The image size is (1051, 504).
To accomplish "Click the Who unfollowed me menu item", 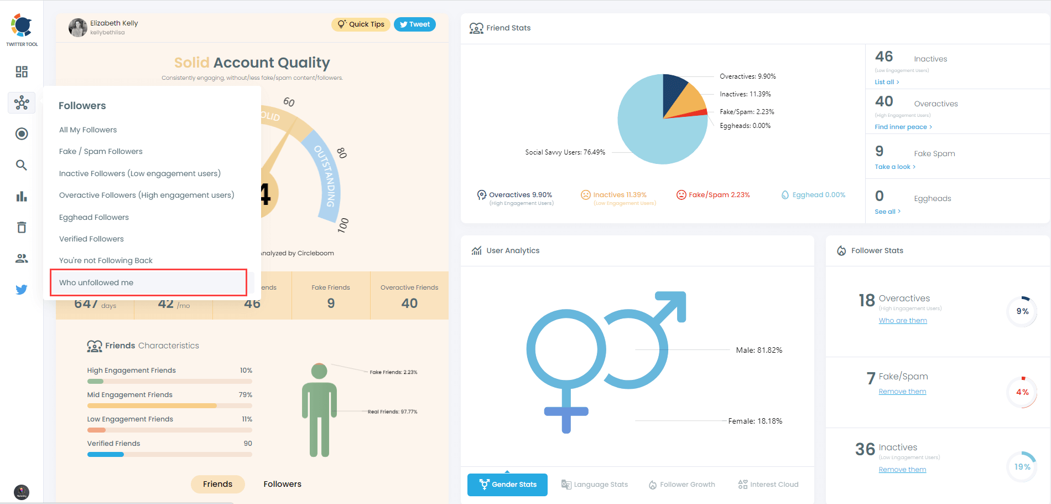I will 96,282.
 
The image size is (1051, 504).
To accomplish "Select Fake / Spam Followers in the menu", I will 101,151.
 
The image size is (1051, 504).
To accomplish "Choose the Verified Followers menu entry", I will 91,239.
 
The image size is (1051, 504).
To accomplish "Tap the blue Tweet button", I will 415,24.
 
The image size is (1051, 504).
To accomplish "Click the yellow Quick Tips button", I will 361,24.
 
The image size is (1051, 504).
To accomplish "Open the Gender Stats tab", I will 507,485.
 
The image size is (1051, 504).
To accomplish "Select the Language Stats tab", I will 595,485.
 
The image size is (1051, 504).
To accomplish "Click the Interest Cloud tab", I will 768,485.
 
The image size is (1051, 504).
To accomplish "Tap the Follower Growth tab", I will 682,485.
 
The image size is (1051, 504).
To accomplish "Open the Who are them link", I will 903,321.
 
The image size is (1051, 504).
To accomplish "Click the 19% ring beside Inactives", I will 1022,467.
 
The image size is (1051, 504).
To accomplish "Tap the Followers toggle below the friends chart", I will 282,484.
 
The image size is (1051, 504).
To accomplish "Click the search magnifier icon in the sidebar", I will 22,165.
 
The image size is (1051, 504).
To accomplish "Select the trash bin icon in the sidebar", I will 22,227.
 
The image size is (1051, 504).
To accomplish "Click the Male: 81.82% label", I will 759,350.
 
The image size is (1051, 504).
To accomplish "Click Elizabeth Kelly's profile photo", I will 77,27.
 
